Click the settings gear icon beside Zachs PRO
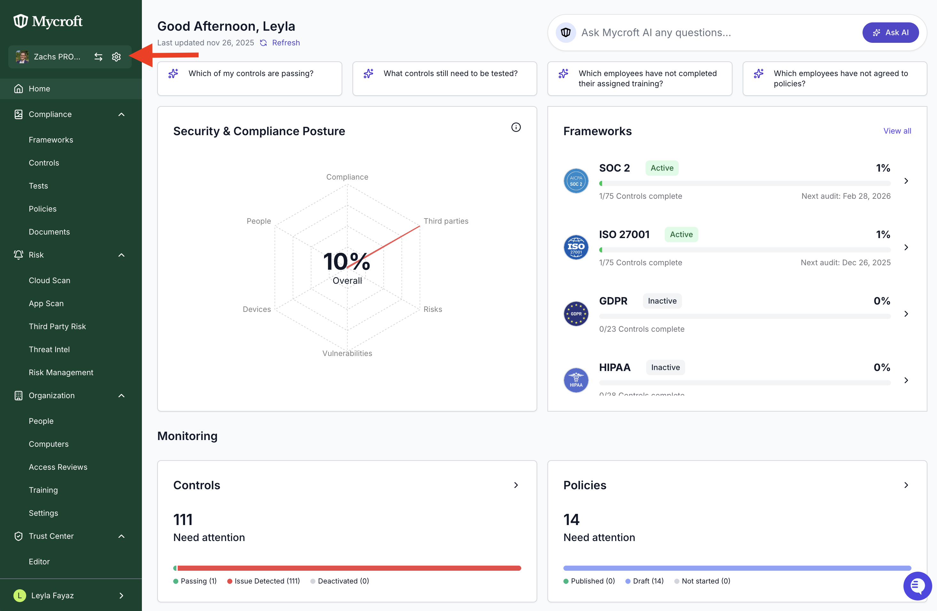pos(116,57)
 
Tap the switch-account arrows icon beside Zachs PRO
pos(98,57)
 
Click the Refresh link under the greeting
pos(286,43)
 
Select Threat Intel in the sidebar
pos(49,349)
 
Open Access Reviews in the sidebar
pos(58,467)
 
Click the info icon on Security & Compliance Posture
pos(516,127)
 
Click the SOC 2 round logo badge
pos(576,181)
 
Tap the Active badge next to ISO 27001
pos(681,234)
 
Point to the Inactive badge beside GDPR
pos(662,301)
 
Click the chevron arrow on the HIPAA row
pos(906,380)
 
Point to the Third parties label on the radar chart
pos(446,221)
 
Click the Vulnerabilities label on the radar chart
pos(347,353)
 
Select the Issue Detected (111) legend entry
pos(263,581)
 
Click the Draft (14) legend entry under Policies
pos(645,581)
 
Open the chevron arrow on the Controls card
pos(516,485)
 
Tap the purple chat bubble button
pos(917,586)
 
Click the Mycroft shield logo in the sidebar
pos(20,21)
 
